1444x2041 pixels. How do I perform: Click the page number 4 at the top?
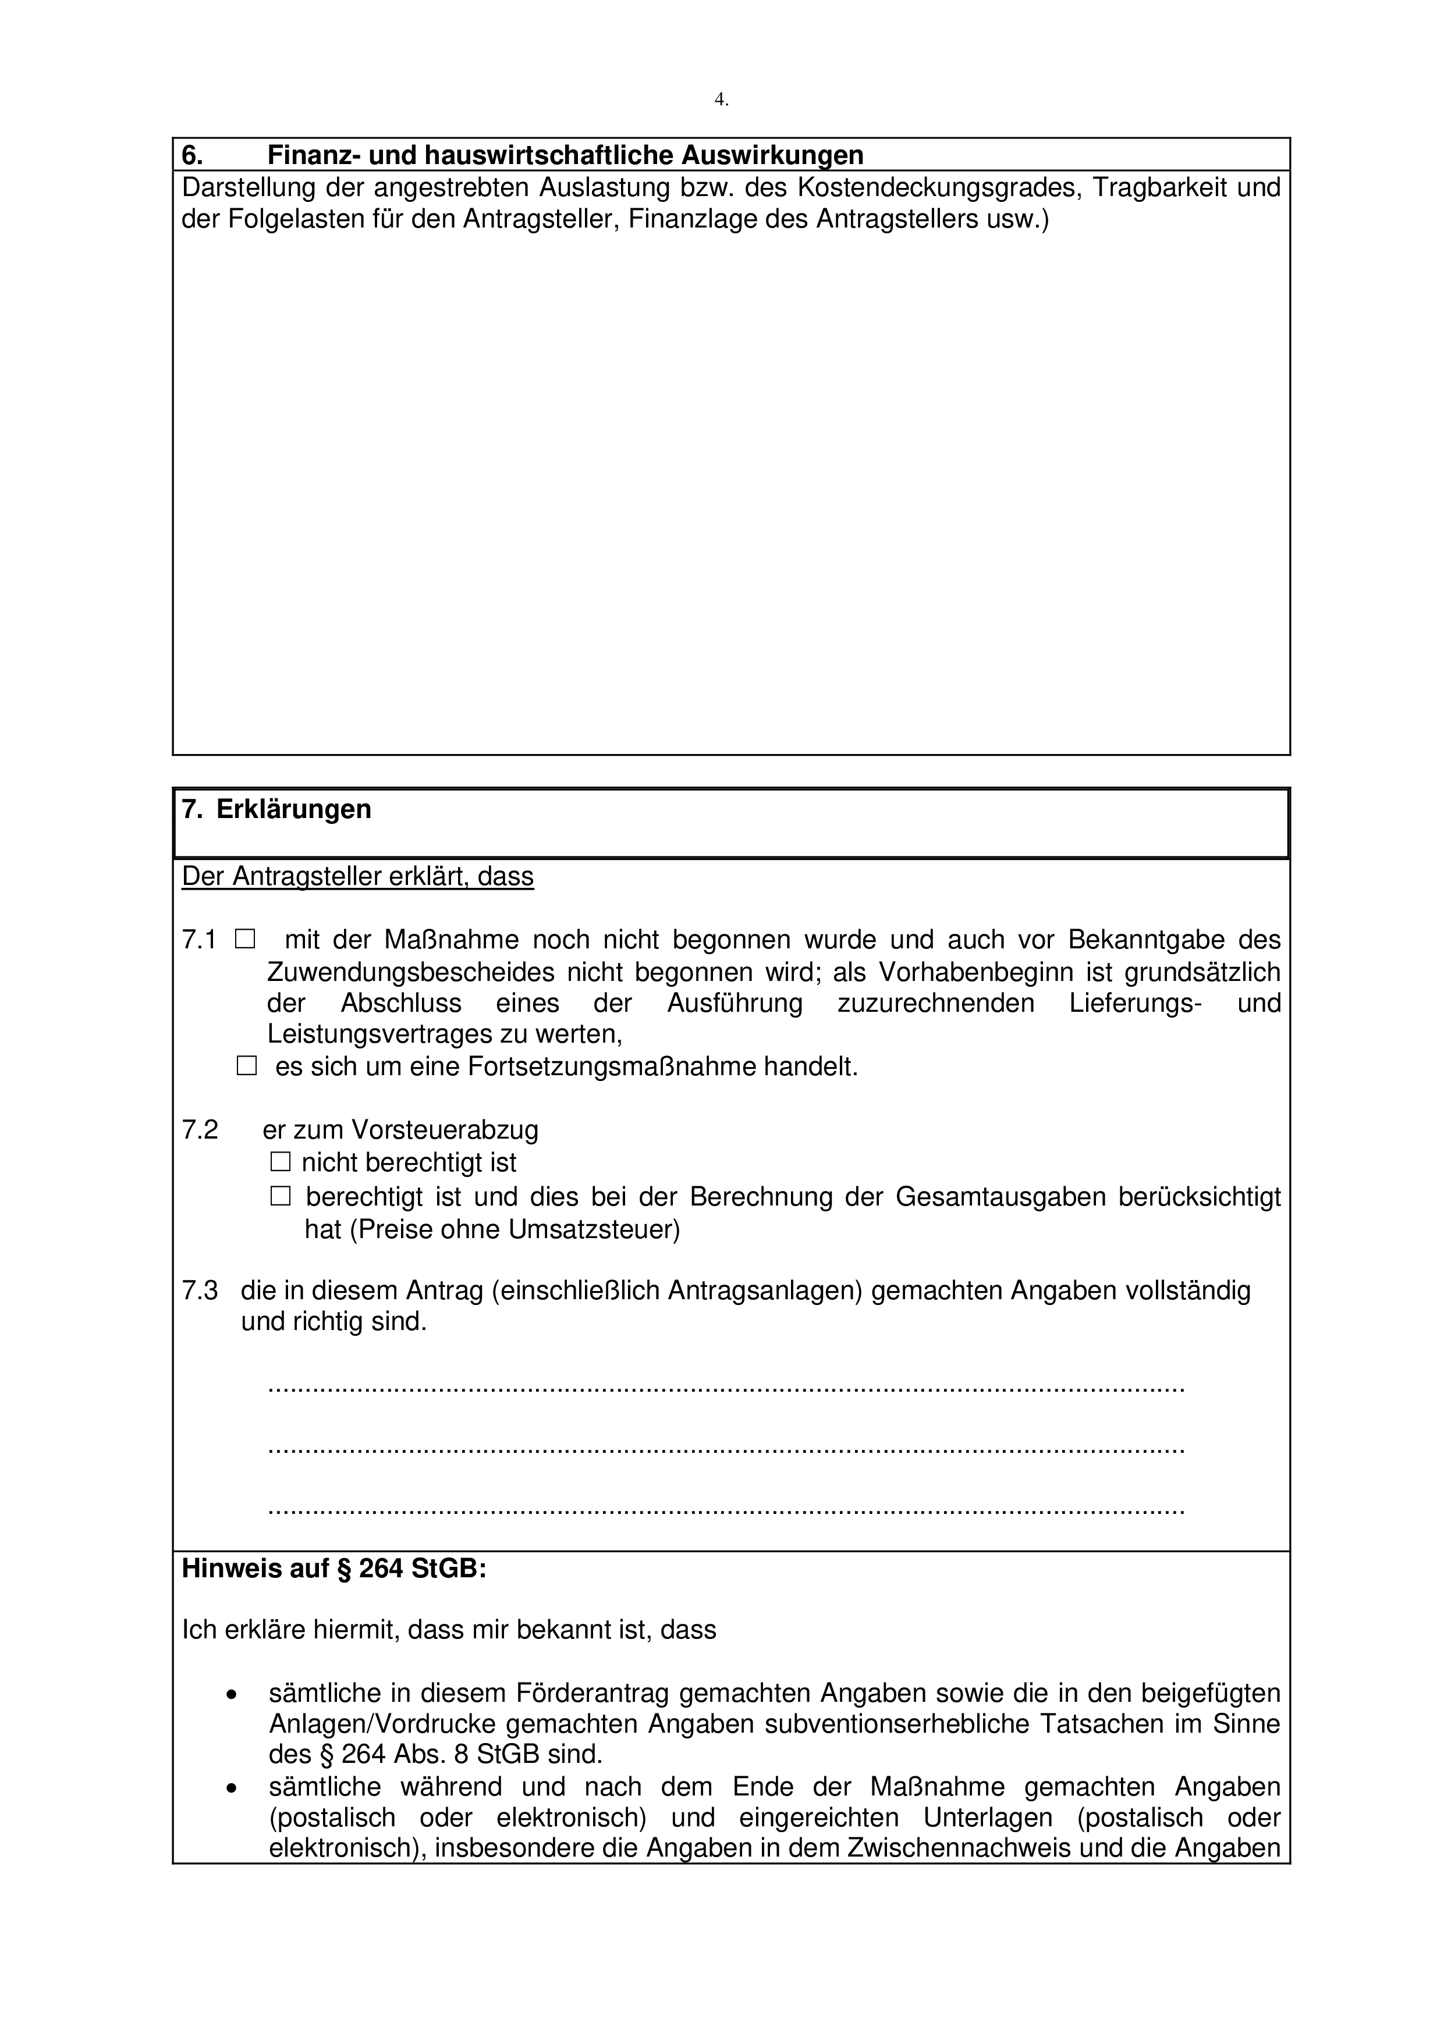[720, 99]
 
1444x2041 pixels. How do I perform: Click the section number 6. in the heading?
[192, 155]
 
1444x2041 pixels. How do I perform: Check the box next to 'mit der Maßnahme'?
[246, 938]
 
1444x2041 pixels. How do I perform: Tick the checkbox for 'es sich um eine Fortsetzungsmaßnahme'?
[246, 1066]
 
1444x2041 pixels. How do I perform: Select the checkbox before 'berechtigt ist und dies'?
[281, 1197]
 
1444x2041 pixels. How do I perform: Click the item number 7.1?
[199, 940]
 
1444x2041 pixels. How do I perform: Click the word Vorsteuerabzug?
[445, 1130]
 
